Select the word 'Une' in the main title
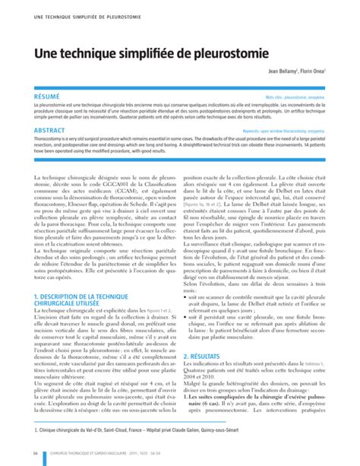click(x=45, y=55)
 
